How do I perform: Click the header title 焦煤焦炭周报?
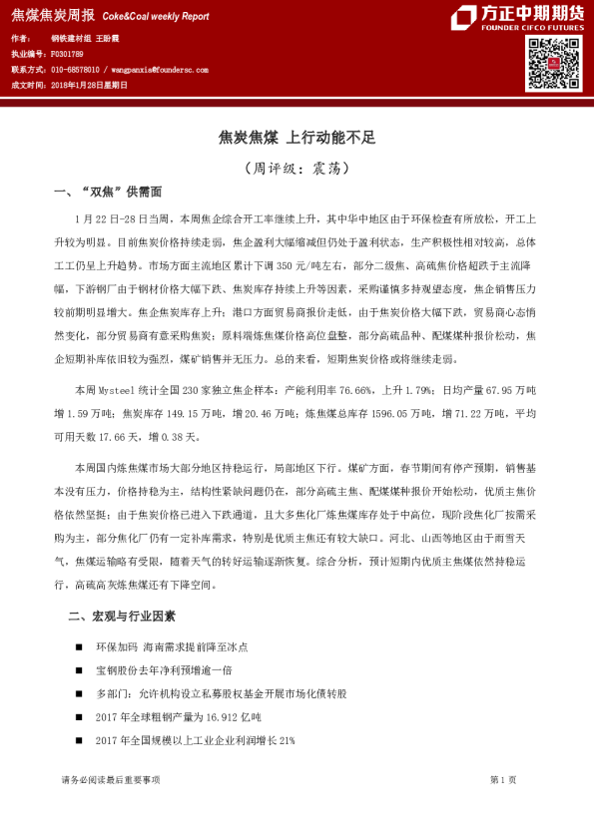coord(53,15)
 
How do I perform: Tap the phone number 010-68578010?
coord(75,71)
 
